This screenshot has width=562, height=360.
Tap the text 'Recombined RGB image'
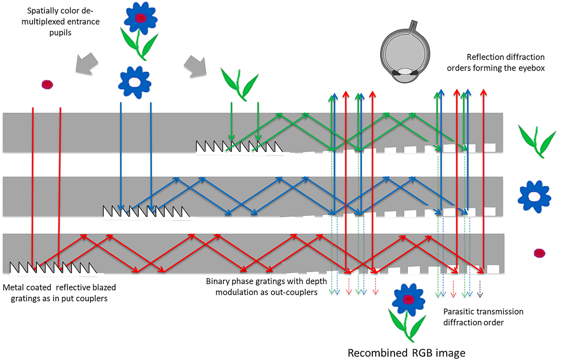pyautogui.click(x=407, y=353)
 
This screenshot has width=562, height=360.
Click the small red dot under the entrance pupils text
pyautogui.click(x=47, y=84)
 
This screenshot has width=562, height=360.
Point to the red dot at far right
pyautogui.click(x=540, y=253)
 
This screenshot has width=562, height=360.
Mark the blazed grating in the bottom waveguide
pyautogui.click(x=53, y=267)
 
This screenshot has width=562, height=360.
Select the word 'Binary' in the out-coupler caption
pyautogui.click(x=217, y=281)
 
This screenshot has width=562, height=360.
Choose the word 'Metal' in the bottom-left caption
pyautogui.click(x=13, y=288)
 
